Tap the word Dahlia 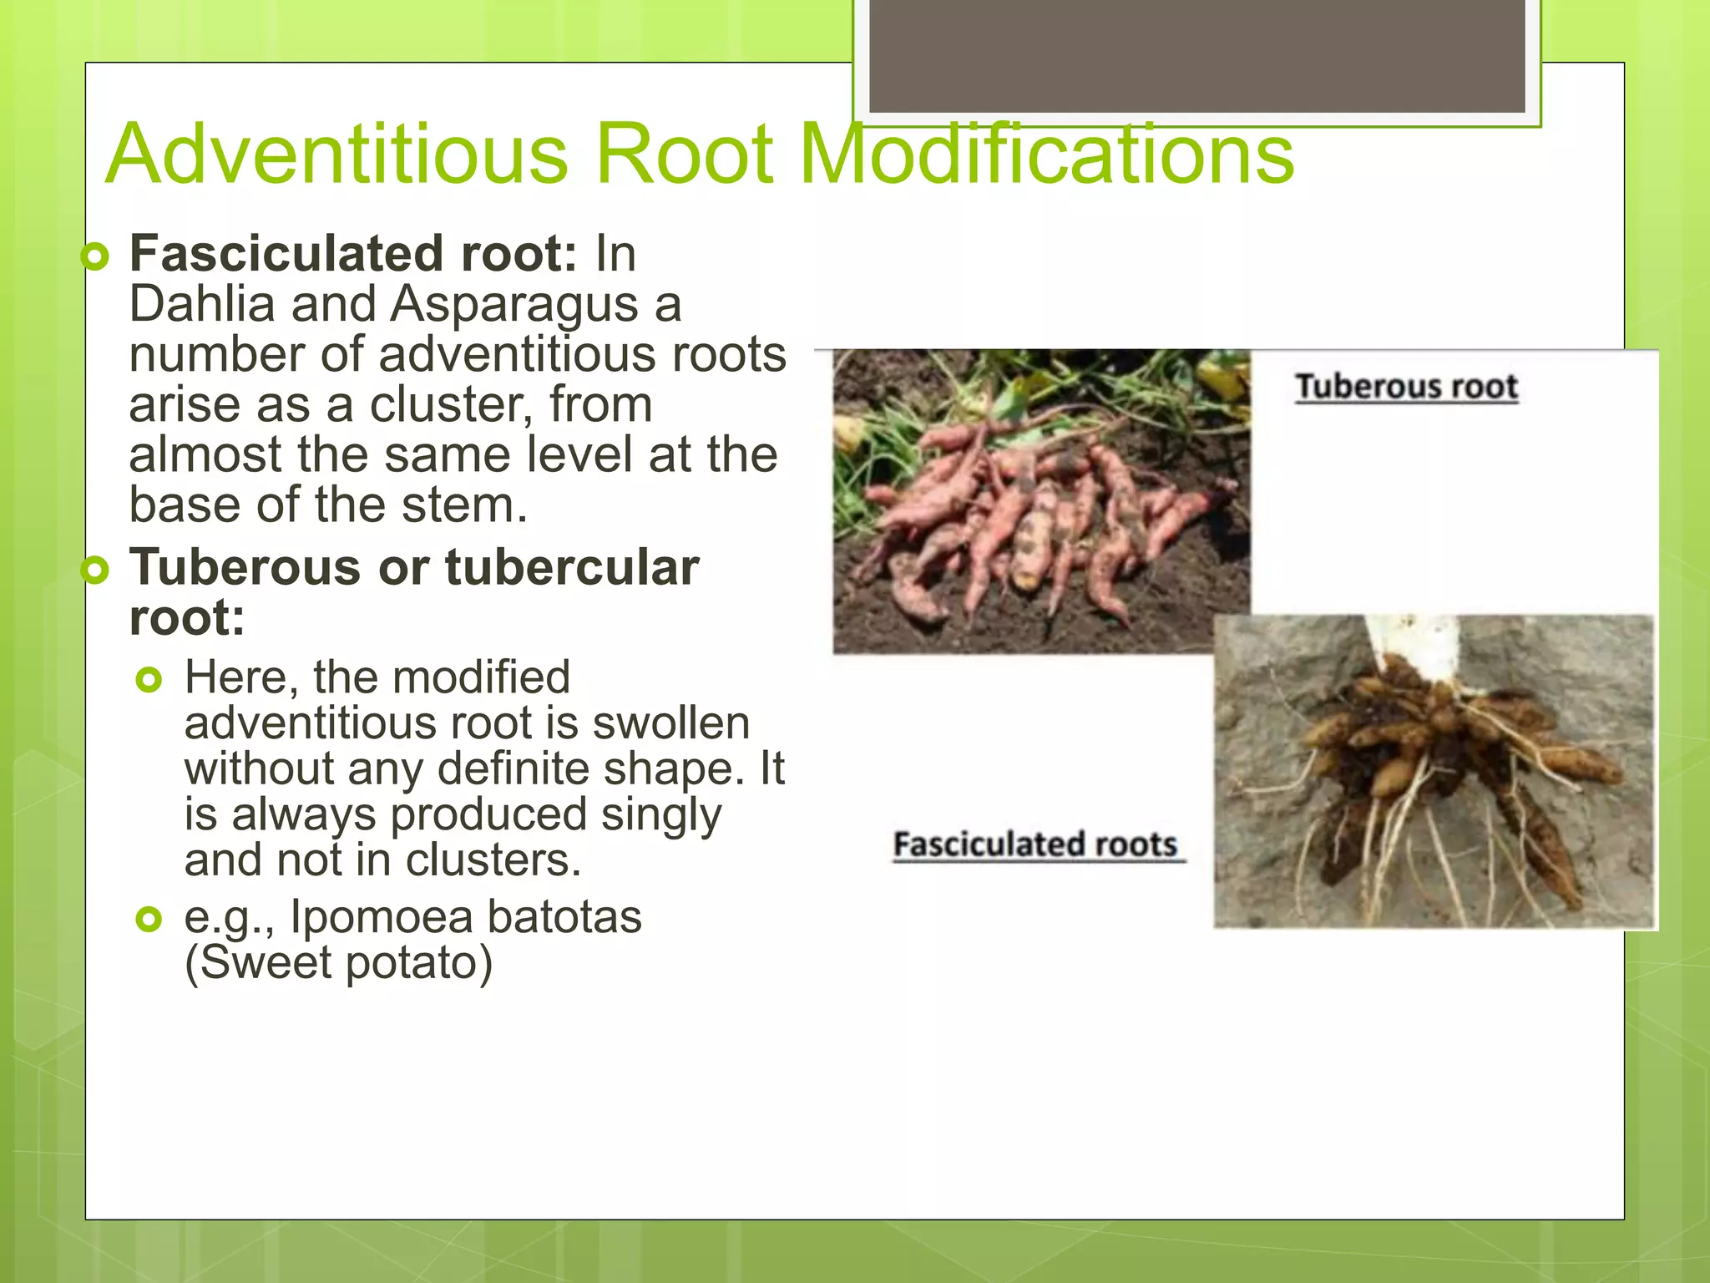click(x=201, y=304)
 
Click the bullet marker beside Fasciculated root click(x=96, y=257)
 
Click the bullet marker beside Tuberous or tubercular click(x=96, y=571)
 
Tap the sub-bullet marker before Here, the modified click(x=149, y=681)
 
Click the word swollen click(x=670, y=723)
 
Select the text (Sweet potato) click(x=338, y=962)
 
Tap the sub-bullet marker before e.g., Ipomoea click(x=149, y=920)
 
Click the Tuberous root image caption click(x=1406, y=387)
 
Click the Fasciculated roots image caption click(x=1035, y=844)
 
